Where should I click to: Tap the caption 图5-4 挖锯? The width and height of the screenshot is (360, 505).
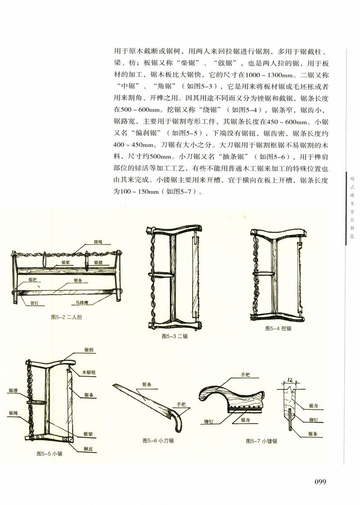click(x=278, y=328)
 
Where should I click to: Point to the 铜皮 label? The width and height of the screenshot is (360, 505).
click(x=89, y=448)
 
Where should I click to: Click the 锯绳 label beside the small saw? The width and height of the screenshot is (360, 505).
click(x=13, y=413)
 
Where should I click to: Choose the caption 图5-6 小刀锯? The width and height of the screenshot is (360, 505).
click(x=157, y=441)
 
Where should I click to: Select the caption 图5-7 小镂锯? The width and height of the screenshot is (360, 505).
click(x=261, y=441)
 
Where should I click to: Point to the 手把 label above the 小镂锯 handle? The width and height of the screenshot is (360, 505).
click(x=245, y=375)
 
